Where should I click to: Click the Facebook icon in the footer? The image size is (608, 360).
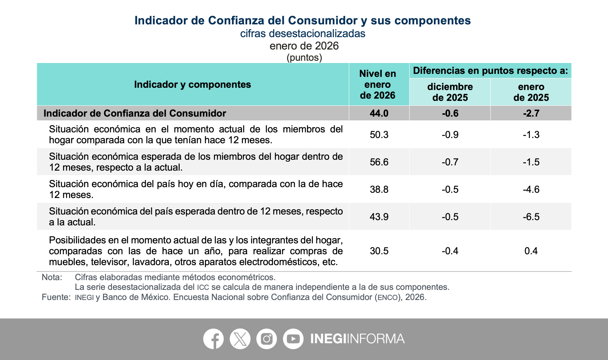(213, 339)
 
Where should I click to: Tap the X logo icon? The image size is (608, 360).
(240, 339)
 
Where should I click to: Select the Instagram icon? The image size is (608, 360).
(266, 339)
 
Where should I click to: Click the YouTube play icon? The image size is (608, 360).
(293, 339)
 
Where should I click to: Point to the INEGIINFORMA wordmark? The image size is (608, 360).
(357, 339)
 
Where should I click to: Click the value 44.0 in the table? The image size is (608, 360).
(379, 113)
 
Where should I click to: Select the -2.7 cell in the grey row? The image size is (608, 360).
(531, 113)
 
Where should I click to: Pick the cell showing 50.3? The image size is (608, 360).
(379, 135)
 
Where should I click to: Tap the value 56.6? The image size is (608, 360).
(379, 162)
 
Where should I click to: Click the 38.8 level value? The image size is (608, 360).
(379, 189)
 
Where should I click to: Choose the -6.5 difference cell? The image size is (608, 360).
(531, 217)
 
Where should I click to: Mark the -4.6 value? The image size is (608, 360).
(531, 189)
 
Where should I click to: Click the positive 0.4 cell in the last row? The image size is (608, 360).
(531, 251)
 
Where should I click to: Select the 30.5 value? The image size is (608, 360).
(379, 251)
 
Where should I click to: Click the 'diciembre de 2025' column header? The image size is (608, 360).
(450, 92)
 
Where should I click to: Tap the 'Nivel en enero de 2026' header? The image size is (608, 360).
(378, 84)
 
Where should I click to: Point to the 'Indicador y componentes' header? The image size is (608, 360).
(193, 84)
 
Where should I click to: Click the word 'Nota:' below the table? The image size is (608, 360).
(52, 277)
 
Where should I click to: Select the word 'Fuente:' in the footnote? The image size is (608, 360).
(56, 297)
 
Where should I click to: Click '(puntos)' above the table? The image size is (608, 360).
(304, 58)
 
